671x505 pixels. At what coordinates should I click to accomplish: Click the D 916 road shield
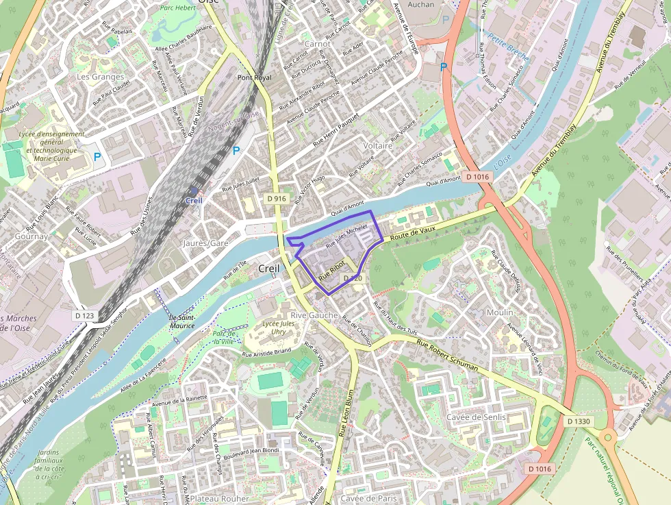(x=277, y=199)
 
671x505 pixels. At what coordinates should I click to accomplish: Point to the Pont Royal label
(x=254, y=78)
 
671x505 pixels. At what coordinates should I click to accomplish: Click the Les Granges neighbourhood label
(x=100, y=77)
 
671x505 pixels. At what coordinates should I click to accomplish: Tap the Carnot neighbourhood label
(x=317, y=44)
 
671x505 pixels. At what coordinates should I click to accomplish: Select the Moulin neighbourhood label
(x=499, y=312)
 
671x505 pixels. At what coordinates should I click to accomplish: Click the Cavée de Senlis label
(x=476, y=417)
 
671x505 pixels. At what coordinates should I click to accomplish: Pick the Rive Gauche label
(x=314, y=315)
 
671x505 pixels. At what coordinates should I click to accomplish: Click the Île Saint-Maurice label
(x=181, y=321)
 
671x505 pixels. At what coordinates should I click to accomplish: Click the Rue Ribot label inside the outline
(x=332, y=270)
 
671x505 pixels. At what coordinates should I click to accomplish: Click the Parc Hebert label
(x=177, y=8)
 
